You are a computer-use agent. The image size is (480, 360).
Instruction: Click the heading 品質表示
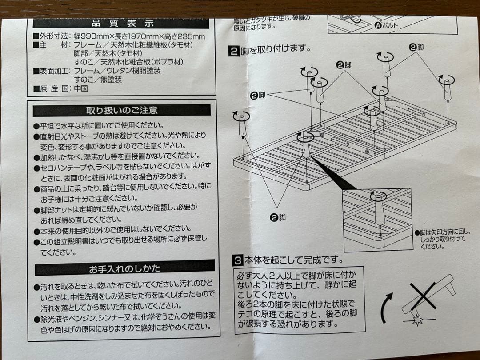tap(122, 24)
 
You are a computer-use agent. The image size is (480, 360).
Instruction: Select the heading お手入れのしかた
tap(124, 268)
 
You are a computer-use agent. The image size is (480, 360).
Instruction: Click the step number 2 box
tap(234, 51)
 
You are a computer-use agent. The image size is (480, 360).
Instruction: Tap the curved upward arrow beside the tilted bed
tap(386, 307)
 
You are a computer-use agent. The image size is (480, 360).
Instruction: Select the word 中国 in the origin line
tap(80, 88)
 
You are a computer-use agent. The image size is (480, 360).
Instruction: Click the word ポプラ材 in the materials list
tap(167, 62)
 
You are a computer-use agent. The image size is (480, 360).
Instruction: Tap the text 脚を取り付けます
tap(276, 51)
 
